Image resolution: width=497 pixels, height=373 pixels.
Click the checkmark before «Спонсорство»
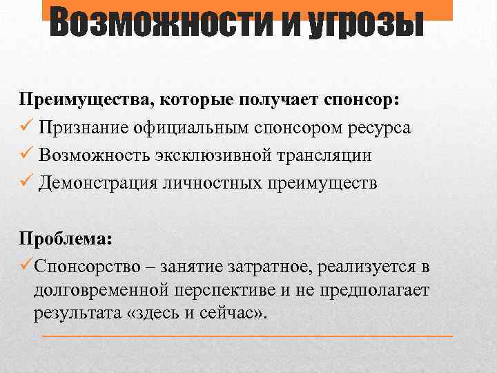pyautogui.click(x=26, y=265)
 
